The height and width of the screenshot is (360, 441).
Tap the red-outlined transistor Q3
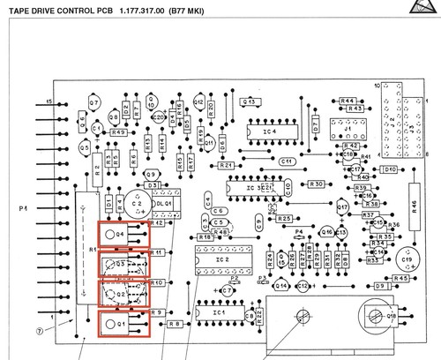point(123,264)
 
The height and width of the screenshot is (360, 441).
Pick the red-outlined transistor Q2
point(123,293)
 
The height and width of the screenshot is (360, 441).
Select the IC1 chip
point(218,313)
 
